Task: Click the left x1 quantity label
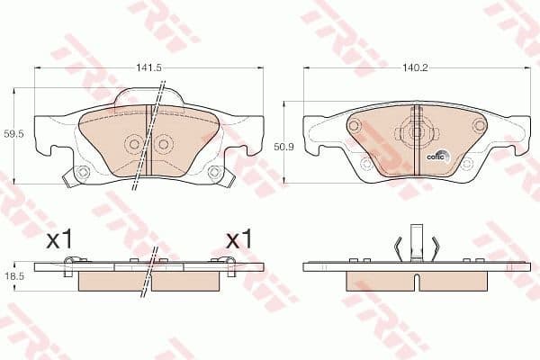tap(58, 239)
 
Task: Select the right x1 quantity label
tap(238, 239)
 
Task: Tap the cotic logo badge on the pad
tap(436, 154)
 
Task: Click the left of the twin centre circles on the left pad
tap(135, 143)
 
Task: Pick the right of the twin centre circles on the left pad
tap(164, 143)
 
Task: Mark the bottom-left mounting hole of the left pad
tap(82, 173)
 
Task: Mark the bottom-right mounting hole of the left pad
tap(214, 172)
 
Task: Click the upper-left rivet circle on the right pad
tap(354, 126)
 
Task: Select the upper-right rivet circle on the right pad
tap(479, 125)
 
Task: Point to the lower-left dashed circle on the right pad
tap(365, 164)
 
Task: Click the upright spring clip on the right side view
tap(415, 241)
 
